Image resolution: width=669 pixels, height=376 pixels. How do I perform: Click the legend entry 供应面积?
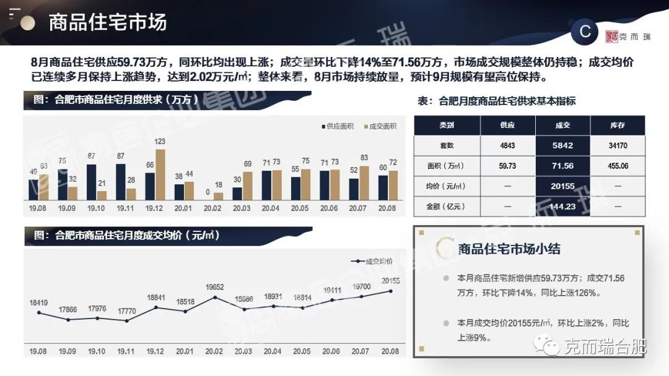pyautogui.click(x=337, y=126)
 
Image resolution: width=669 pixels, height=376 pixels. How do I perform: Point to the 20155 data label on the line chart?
pyautogui.click(x=390, y=280)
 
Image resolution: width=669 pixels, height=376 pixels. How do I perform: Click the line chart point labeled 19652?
pyautogui.click(x=214, y=297)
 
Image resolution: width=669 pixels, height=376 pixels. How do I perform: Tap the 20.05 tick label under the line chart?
pyautogui.click(x=302, y=351)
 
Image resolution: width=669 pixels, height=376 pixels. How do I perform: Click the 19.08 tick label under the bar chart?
pyautogui.click(x=37, y=209)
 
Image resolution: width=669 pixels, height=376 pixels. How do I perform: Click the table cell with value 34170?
pyautogui.click(x=618, y=146)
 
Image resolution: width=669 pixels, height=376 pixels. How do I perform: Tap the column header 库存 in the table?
pyautogui.click(x=618, y=126)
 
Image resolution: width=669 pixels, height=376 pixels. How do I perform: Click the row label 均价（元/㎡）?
pyautogui.click(x=447, y=186)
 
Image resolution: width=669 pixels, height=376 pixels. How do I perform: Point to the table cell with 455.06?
pyautogui.click(x=618, y=166)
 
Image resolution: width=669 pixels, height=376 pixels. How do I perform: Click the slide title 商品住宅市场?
pyautogui.click(x=108, y=23)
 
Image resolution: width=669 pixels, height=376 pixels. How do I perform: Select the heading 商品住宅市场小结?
pyautogui.click(x=509, y=249)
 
